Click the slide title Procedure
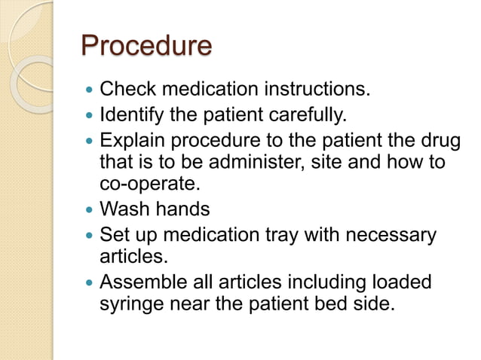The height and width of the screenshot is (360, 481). tap(146, 47)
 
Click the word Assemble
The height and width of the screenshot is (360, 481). tap(142, 283)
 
